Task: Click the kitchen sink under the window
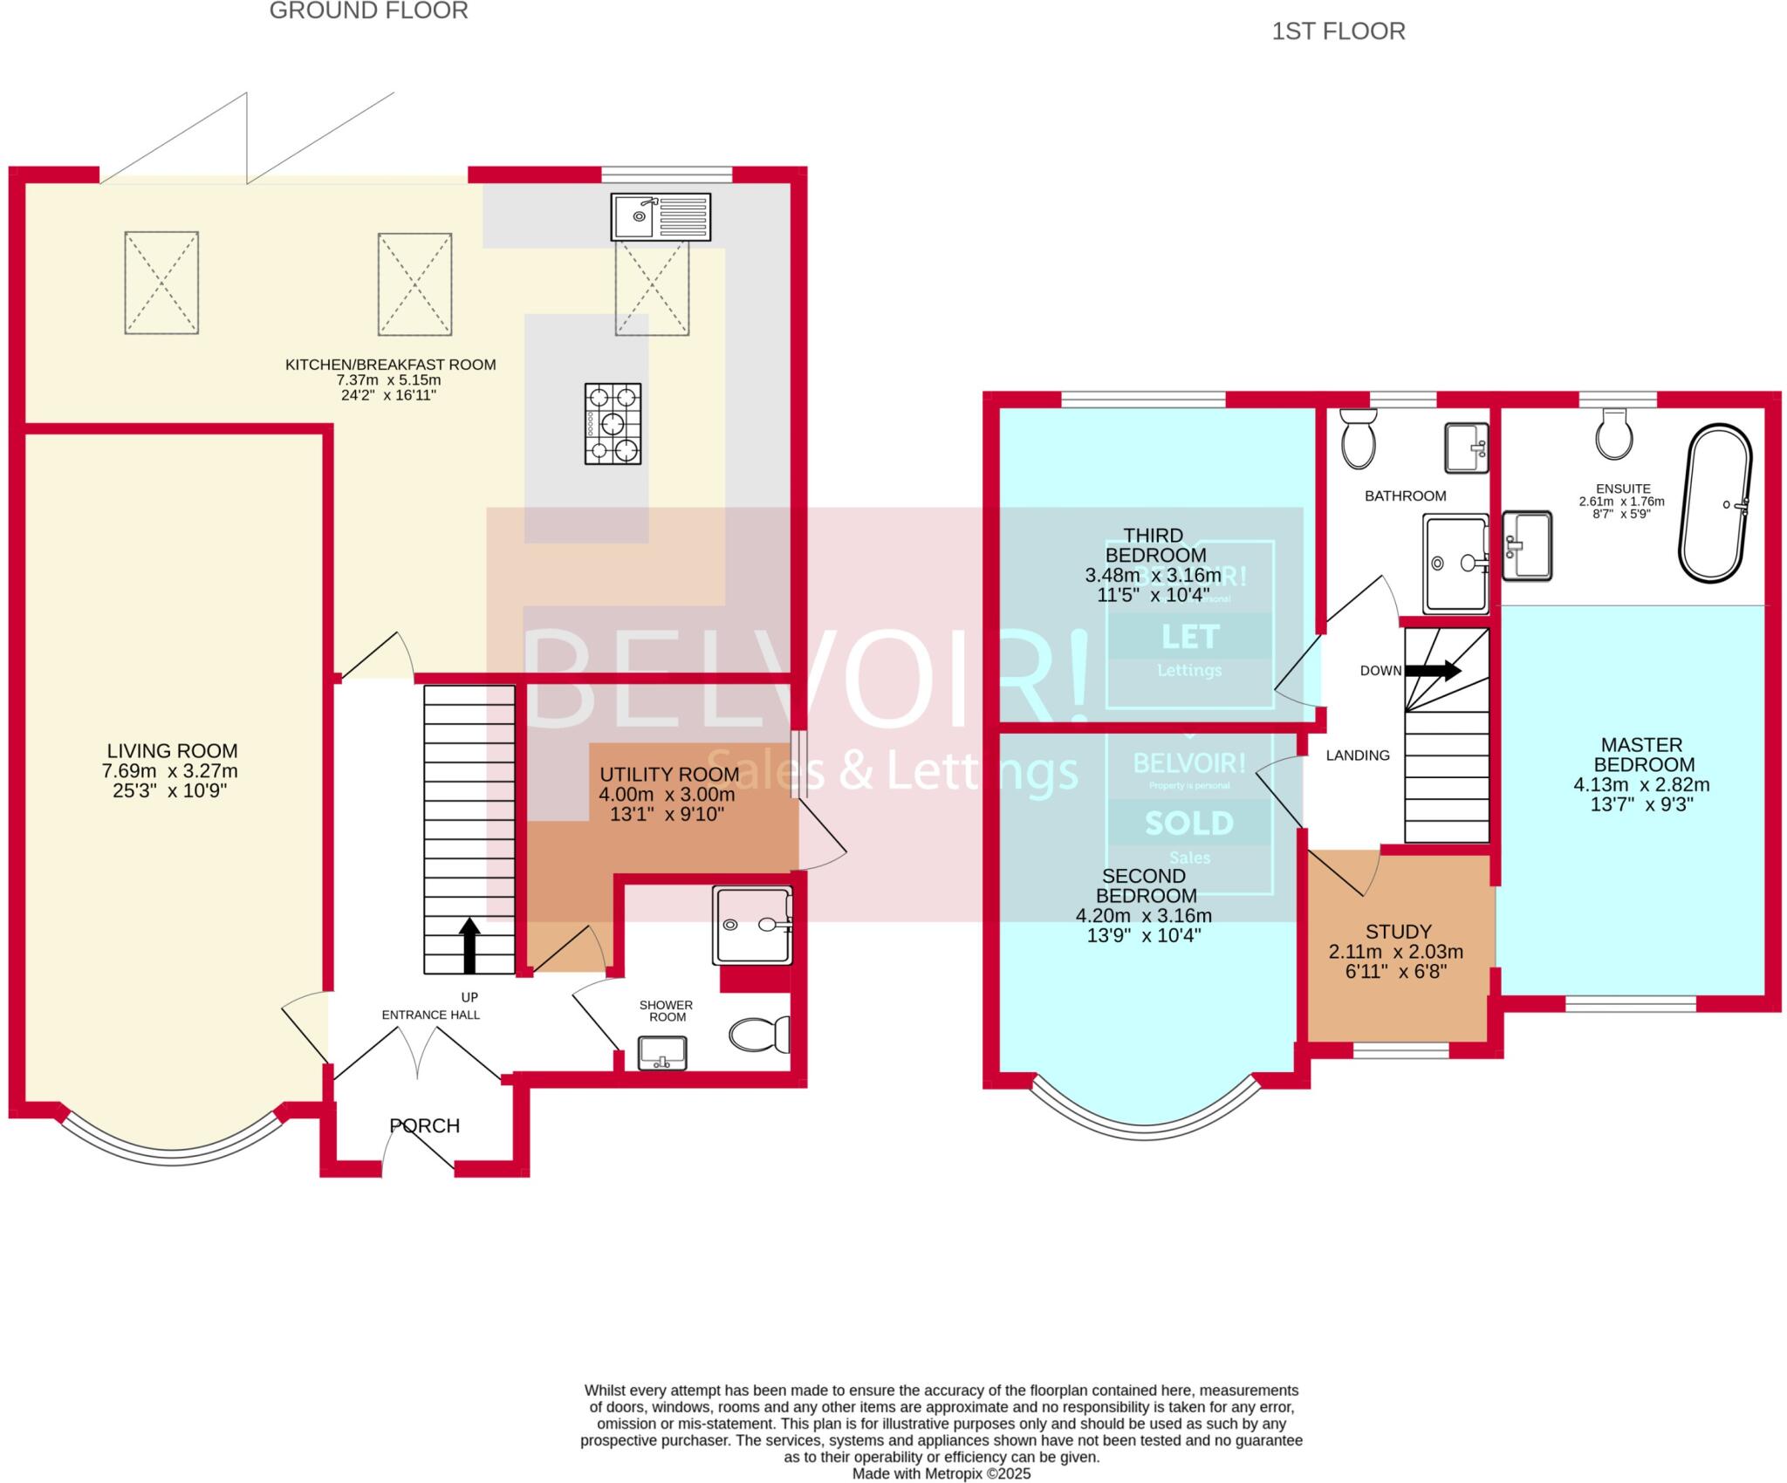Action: (x=661, y=216)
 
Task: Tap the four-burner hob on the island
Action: (x=613, y=423)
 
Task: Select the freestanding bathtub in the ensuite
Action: (x=1715, y=503)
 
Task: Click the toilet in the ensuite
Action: (x=1614, y=435)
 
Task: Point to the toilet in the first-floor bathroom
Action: (x=1358, y=439)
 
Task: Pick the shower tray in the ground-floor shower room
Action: (x=752, y=926)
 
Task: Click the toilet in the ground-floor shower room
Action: (x=758, y=1035)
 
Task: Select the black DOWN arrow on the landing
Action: (x=1432, y=670)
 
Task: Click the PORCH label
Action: (x=425, y=1126)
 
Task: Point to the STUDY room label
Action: (x=1399, y=932)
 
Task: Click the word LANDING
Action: (x=1358, y=755)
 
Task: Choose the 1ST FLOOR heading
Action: (x=1338, y=32)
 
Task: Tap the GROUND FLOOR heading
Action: (x=368, y=11)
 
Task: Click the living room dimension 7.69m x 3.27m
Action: (x=170, y=771)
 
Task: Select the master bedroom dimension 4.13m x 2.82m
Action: (x=1641, y=784)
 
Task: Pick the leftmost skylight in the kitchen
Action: (x=161, y=283)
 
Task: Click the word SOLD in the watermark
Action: (x=1189, y=823)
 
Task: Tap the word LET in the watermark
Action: (x=1189, y=637)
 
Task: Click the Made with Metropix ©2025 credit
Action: (x=941, y=1473)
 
